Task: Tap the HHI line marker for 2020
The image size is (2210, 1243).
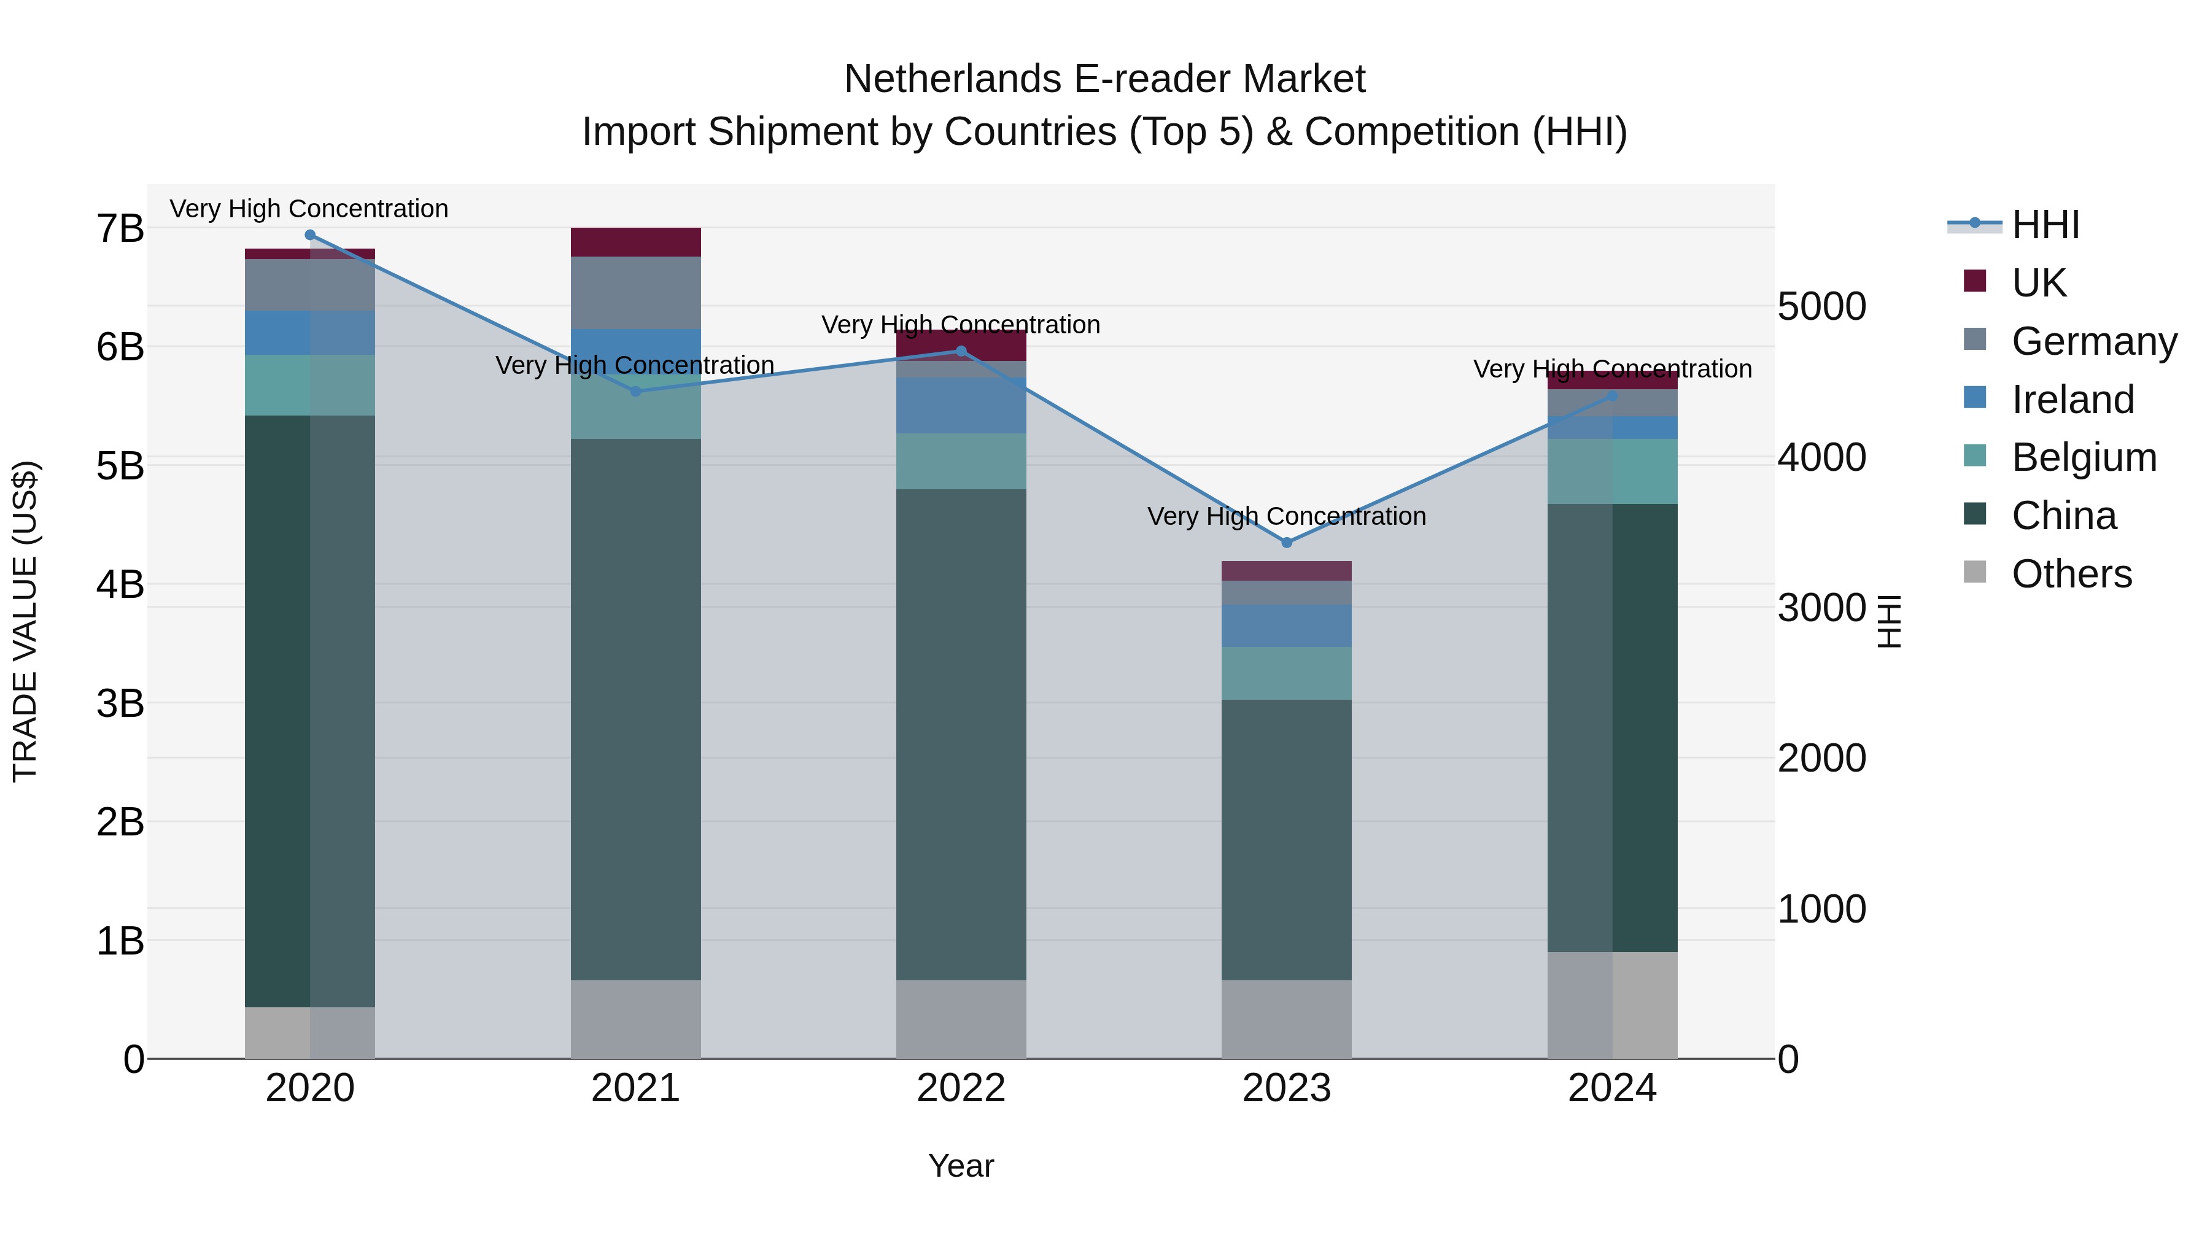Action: [310, 235]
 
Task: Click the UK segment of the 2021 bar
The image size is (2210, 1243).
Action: [636, 242]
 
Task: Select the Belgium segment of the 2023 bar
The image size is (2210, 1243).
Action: [1286, 673]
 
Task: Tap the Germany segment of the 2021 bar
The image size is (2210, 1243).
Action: [636, 293]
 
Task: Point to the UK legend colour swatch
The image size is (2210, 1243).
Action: [1974, 281]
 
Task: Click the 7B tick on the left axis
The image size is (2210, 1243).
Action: [120, 229]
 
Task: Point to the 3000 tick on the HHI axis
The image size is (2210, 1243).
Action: [1821, 608]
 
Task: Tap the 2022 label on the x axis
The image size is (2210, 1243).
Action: [961, 1088]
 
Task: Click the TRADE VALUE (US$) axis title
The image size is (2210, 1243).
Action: [25, 621]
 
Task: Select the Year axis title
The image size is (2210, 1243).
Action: [961, 1166]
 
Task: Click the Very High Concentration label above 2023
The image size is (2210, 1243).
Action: [1286, 516]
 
